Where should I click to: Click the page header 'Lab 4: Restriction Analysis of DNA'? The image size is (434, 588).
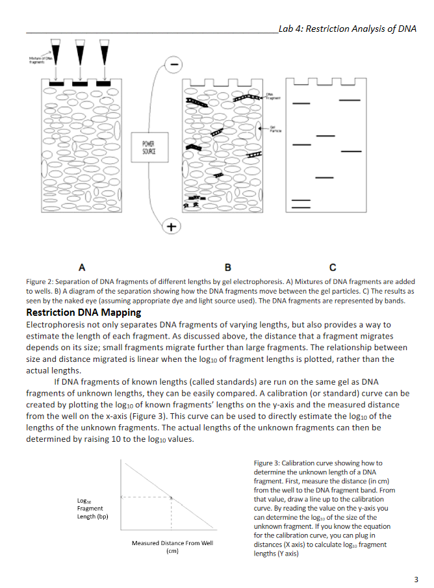pos(346,29)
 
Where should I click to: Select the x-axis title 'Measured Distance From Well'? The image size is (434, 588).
pos(172,543)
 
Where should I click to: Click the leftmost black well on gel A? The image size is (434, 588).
pos(53,84)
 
